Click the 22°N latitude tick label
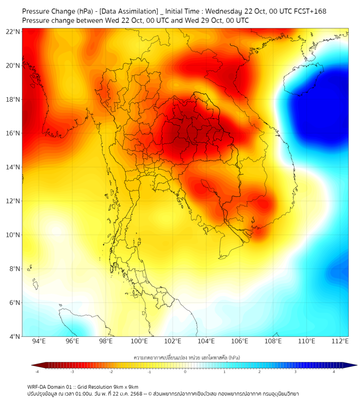13,32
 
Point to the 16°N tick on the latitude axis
13,133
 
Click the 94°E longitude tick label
39,341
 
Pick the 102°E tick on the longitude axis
173,341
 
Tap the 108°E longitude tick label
273,341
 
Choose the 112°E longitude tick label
340,341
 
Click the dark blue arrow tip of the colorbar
353,365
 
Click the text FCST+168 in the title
309,11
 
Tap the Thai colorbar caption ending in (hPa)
186,356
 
